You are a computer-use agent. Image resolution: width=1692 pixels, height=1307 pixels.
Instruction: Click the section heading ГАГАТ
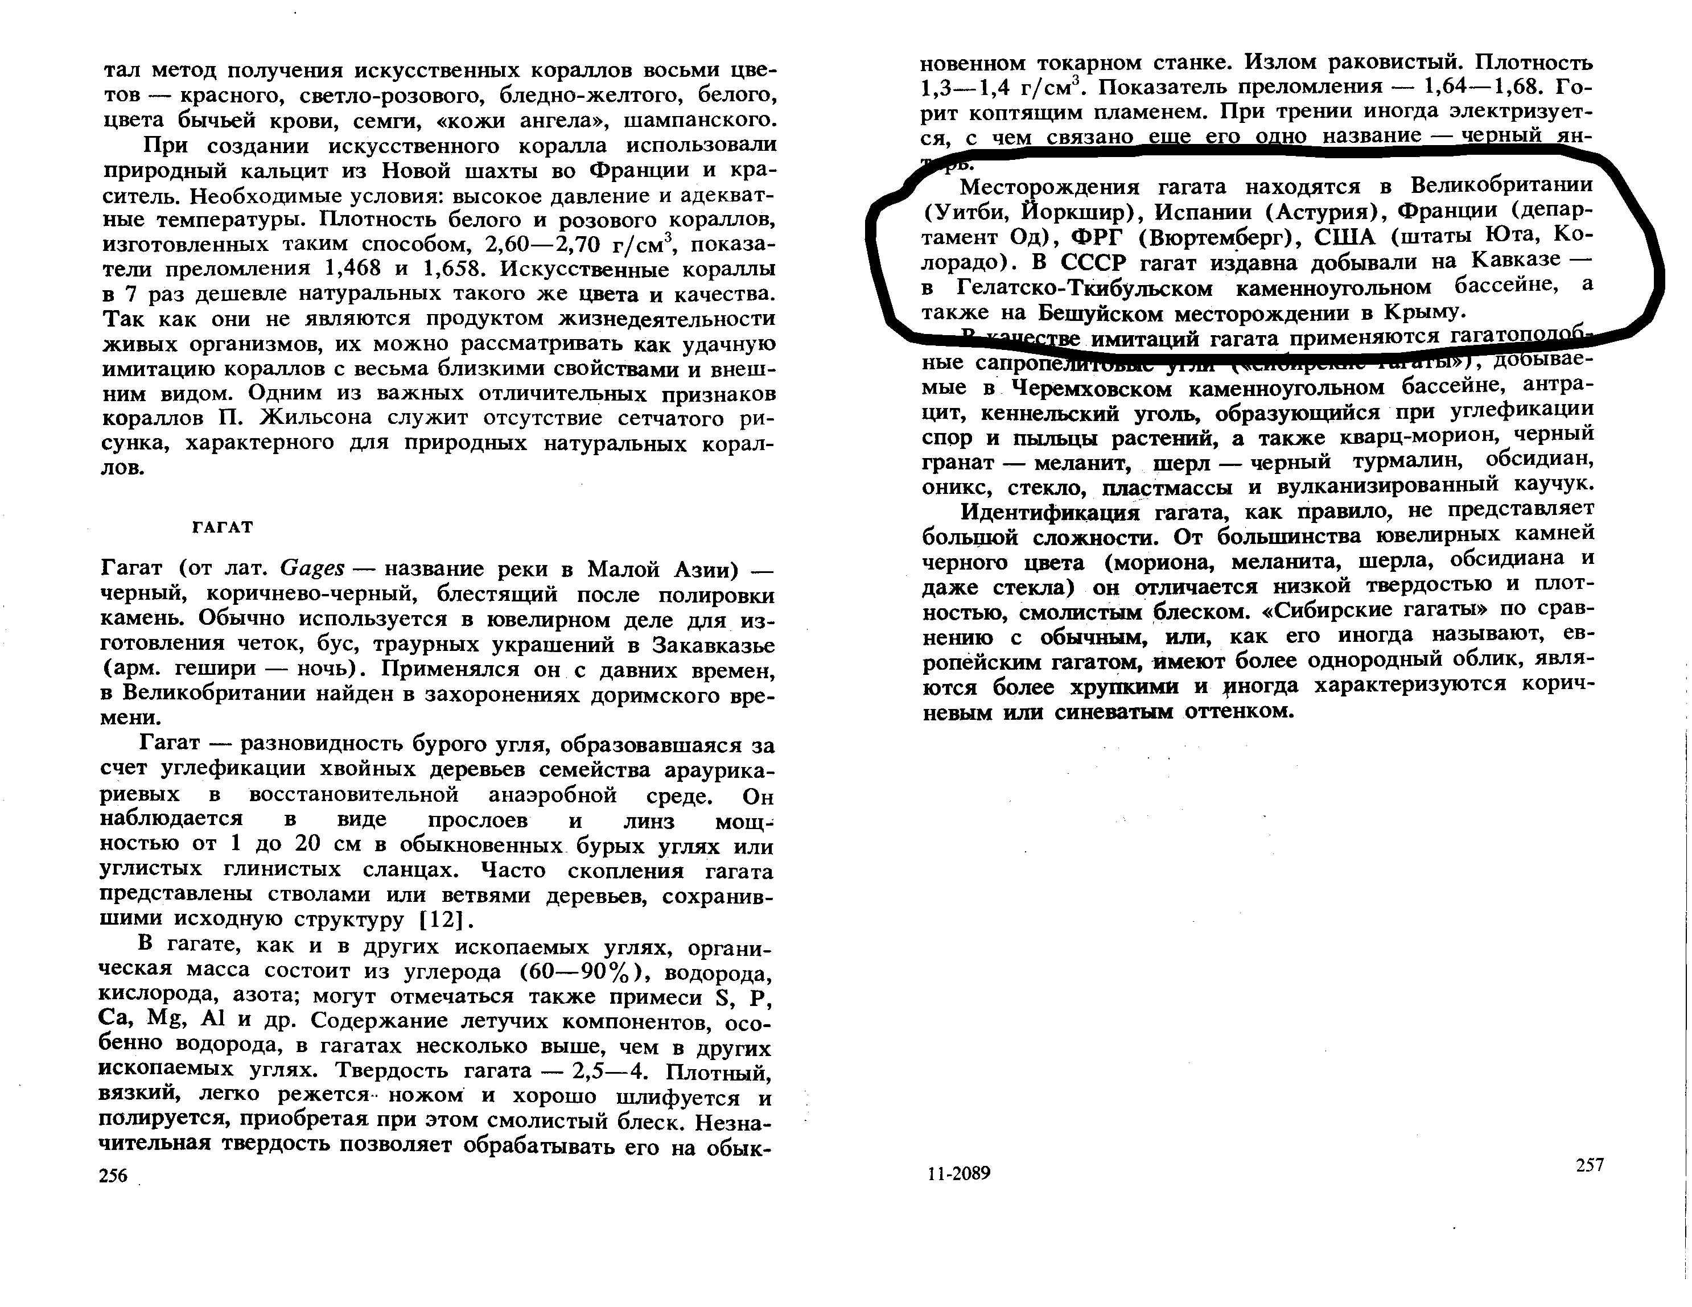pos(223,527)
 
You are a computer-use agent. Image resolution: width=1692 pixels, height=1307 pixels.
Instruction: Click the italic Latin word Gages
pos(312,568)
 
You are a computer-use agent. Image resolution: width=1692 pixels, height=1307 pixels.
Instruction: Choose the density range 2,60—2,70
pos(542,245)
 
